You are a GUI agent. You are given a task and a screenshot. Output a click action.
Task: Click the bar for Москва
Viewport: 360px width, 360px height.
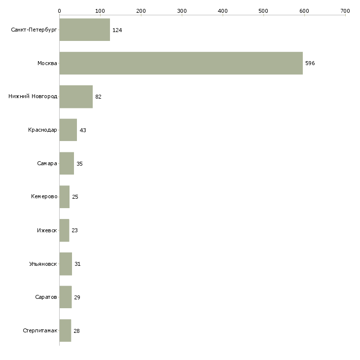[x=181, y=63]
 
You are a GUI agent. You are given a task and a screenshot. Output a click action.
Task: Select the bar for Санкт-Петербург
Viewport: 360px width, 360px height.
[x=84, y=30]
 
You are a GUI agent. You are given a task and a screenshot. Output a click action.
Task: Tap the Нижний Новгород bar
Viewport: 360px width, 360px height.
[x=76, y=97]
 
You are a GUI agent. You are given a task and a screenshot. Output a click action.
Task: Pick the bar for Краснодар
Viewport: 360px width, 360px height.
[x=68, y=130]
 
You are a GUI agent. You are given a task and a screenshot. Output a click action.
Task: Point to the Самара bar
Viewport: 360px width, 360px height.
[x=67, y=163]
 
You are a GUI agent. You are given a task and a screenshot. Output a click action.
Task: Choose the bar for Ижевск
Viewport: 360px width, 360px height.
[x=64, y=230]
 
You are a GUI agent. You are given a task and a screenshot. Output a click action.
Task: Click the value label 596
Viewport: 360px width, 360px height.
[x=310, y=63]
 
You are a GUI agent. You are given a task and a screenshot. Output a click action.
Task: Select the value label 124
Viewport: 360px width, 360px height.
[x=117, y=30]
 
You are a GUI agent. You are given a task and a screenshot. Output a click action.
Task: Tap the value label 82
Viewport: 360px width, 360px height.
[x=98, y=97]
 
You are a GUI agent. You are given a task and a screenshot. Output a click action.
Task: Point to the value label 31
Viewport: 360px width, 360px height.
[x=77, y=264]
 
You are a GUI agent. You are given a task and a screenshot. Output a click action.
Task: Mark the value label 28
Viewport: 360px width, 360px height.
[x=76, y=331]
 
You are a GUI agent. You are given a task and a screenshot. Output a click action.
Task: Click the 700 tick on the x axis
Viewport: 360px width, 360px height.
[x=345, y=10]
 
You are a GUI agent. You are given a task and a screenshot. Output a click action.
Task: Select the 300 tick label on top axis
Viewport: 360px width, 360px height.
[x=181, y=10]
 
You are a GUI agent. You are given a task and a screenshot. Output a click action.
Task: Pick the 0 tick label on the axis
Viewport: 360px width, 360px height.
[x=59, y=10]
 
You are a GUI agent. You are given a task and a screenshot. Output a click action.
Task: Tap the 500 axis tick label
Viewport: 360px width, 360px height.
[x=263, y=10]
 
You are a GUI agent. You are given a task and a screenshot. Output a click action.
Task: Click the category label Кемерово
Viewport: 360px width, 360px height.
[x=44, y=197]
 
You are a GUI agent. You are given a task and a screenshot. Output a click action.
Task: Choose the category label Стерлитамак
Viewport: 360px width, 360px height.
[x=40, y=331]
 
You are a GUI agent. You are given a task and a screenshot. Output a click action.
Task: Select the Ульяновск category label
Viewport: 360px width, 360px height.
[x=43, y=264]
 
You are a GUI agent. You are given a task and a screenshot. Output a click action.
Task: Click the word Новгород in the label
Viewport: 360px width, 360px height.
[x=44, y=97]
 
